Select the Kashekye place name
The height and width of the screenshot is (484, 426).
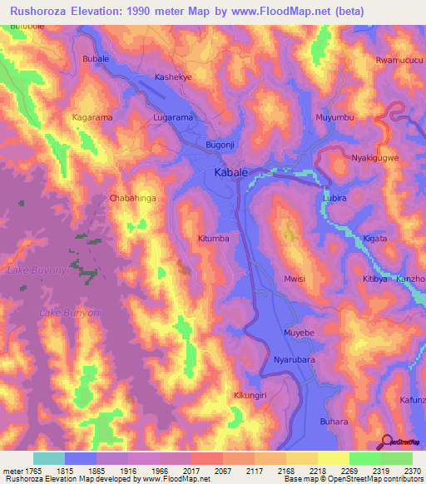(x=174, y=77)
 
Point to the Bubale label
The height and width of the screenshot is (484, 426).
(x=97, y=59)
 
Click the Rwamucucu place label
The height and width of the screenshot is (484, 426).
(x=399, y=61)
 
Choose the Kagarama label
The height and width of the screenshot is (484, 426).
(x=92, y=118)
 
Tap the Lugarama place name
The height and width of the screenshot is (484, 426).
(x=173, y=118)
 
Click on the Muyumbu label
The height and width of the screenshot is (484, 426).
(x=334, y=117)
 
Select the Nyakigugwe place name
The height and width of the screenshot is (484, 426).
(x=375, y=157)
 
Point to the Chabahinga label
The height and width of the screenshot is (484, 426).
(x=132, y=198)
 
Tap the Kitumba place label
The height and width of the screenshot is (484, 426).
(x=213, y=239)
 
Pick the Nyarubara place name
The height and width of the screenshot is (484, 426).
(x=295, y=360)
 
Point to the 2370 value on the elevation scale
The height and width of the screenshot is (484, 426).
(x=412, y=471)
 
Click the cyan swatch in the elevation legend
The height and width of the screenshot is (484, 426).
(x=48, y=458)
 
